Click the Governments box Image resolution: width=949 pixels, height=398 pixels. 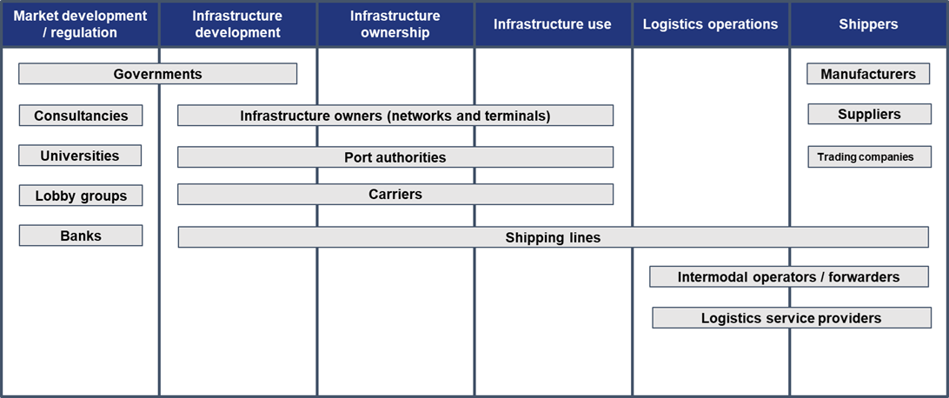(x=157, y=74)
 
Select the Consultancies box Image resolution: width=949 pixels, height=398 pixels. (x=81, y=116)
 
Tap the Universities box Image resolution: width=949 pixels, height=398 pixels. (x=80, y=156)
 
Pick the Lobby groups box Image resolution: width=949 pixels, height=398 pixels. (x=81, y=196)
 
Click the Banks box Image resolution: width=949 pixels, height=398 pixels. (x=81, y=235)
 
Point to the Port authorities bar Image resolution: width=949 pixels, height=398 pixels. (x=395, y=157)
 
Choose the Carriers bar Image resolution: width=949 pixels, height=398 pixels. (x=395, y=195)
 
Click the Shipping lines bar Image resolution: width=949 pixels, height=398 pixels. (x=553, y=237)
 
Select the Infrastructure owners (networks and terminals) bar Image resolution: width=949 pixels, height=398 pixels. (x=395, y=116)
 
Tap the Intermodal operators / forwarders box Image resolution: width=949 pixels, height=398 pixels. (x=788, y=277)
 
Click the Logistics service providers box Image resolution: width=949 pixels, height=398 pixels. (x=791, y=318)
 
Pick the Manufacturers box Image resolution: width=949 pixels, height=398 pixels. (x=868, y=74)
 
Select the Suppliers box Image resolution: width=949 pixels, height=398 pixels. (x=869, y=114)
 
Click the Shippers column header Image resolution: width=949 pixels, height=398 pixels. (x=868, y=24)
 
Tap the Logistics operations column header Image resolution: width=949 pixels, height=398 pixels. (x=710, y=24)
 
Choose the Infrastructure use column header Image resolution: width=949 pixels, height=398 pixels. (x=553, y=24)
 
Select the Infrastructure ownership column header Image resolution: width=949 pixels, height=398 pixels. (x=395, y=24)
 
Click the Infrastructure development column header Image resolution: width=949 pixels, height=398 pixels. (x=237, y=24)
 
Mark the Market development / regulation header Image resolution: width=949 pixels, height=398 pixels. (x=80, y=24)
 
